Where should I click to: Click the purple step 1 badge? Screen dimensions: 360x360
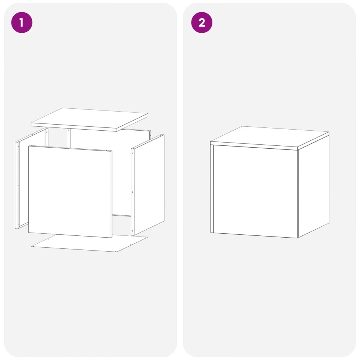click(22, 22)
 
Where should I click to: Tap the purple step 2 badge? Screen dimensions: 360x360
click(202, 22)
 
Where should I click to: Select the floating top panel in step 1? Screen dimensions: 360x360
click(90, 120)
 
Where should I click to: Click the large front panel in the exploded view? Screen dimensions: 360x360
click(70, 192)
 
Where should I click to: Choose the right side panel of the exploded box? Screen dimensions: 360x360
click(148, 184)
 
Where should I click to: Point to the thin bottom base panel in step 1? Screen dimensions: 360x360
click(90, 243)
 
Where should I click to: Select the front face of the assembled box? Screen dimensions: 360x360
click(255, 192)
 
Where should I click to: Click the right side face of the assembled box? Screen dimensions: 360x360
click(314, 187)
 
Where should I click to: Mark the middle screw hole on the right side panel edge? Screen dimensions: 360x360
click(132, 192)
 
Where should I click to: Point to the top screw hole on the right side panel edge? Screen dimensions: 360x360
click(132, 152)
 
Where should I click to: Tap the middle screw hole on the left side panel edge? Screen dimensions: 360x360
click(19, 185)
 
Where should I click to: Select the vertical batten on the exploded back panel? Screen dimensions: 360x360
click(68, 138)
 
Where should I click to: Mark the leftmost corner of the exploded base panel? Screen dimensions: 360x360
click(32, 247)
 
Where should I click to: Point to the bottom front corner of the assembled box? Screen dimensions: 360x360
click(298, 238)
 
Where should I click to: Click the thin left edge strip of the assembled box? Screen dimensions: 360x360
click(212, 189)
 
